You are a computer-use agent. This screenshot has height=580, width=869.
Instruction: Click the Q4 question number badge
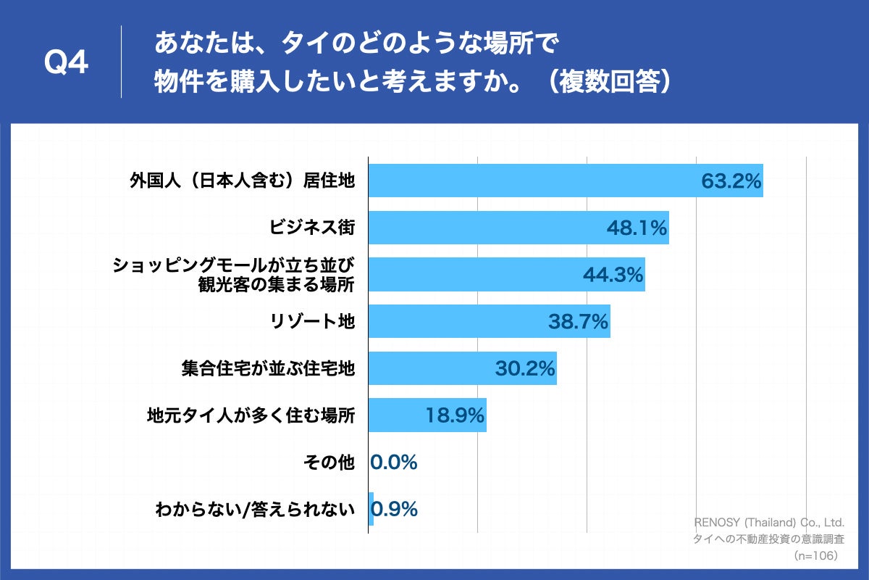[x=66, y=63]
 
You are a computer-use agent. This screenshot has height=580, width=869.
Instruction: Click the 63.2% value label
[x=731, y=181]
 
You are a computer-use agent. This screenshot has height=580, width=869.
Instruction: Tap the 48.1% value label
[x=636, y=228]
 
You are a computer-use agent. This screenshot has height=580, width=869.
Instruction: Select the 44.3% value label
[x=613, y=275]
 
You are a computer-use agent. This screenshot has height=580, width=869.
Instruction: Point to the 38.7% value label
[x=578, y=321]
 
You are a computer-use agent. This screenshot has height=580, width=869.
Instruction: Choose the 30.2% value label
[x=524, y=368]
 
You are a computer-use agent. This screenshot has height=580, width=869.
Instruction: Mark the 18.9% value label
[x=453, y=415]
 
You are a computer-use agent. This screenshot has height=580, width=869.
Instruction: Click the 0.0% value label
[x=394, y=463]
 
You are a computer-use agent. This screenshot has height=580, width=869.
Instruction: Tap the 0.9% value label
[x=395, y=509]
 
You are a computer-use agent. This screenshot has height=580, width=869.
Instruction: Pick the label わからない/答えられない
[x=255, y=510]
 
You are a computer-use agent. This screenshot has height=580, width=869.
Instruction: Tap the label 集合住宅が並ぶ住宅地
[x=268, y=368]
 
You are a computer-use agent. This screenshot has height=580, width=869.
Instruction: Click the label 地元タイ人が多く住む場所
[x=251, y=415]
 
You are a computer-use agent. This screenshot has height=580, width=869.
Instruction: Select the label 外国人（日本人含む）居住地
[x=242, y=181]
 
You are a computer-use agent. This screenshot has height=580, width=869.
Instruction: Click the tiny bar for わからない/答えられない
[x=371, y=509]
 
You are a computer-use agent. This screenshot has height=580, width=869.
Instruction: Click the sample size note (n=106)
[x=815, y=555]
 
